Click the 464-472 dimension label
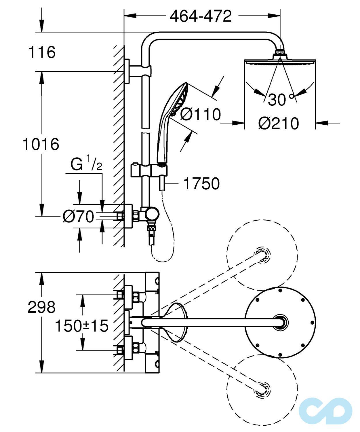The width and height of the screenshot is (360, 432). click(201, 16)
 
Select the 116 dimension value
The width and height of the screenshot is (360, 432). click(42, 52)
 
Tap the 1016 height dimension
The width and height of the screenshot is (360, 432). click(41, 144)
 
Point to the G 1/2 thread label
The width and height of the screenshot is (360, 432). click(86, 165)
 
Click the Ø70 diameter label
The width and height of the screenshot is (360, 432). click(79, 217)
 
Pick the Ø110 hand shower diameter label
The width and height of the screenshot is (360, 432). click(201, 114)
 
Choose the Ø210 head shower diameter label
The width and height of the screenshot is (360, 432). click(279, 124)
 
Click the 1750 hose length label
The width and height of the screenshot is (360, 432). click(201, 183)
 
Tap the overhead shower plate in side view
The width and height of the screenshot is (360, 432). click(280, 61)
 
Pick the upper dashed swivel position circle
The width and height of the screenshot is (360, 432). click(262, 255)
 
